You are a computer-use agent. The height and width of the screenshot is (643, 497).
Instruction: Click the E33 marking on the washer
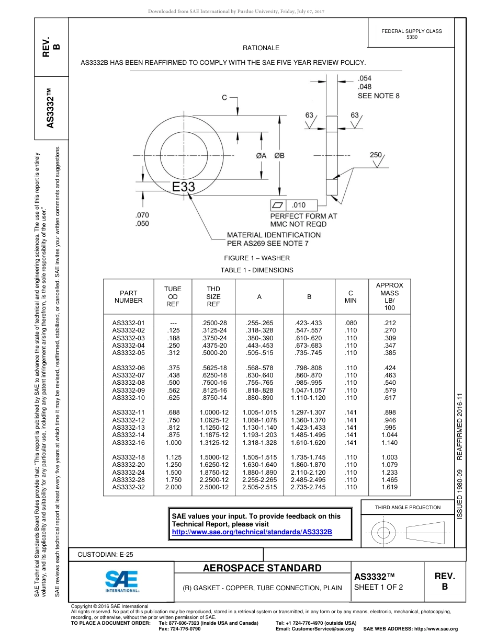point(184,187)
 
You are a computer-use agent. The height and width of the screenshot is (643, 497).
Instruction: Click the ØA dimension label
point(261,156)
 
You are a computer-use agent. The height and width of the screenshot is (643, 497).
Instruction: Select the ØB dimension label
point(279,156)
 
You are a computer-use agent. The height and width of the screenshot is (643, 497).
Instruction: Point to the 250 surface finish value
point(376,155)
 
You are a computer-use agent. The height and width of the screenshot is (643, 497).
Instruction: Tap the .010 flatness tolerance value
point(298,205)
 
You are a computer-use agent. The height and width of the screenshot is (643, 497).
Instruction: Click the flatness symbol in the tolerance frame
point(278,205)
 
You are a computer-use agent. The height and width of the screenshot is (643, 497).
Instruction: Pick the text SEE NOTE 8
point(378,96)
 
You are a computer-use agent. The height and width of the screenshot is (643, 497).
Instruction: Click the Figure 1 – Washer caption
point(257,258)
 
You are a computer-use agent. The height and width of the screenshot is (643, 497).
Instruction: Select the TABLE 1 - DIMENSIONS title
point(257,270)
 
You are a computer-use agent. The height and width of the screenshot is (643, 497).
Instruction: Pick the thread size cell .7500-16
point(213,383)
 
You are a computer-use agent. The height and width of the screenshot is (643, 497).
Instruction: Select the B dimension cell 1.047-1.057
point(309,390)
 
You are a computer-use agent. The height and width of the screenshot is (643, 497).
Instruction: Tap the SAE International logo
point(122,580)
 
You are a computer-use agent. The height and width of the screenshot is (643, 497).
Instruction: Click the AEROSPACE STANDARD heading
point(262,568)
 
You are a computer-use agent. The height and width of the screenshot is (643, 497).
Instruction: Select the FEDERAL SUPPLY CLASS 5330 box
point(412,34)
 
